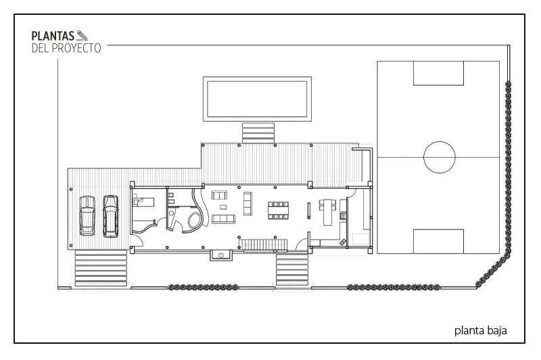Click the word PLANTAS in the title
tap(53, 36)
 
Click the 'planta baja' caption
tap(480, 331)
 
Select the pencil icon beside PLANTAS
tap(82, 35)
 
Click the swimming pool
tap(257, 99)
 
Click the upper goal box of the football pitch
tap(438, 73)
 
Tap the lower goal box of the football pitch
tap(438, 242)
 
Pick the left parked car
tap(87, 216)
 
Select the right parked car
tap(111, 217)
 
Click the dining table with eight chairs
tap(278, 210)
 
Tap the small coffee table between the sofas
tap(224, 207)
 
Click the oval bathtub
tap(195, 220)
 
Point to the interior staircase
tap(263, 244)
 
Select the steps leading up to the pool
tap(258, 133)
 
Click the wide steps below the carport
tap(101, 268)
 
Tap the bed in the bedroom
tap(144, 202)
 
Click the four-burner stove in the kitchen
tap(343, 216)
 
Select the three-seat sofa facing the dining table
tap(248, 204)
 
